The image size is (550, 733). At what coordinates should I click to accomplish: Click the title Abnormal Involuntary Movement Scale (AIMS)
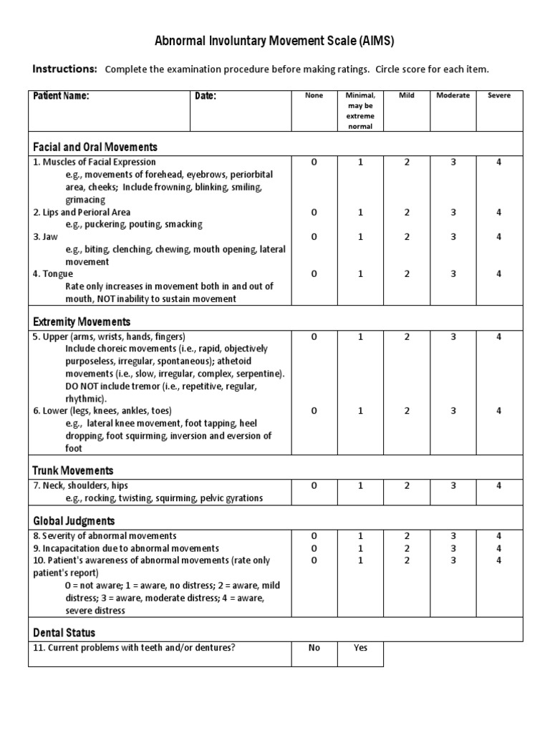[275, 42]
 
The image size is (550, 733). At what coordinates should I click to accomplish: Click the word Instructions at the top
[64, 69]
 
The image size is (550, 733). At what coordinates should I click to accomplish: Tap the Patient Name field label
[61, 96]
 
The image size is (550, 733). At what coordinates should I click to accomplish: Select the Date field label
[206, 96]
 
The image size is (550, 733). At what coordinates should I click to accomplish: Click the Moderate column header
[453, 96]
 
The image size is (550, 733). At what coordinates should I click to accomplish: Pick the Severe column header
[498, 96]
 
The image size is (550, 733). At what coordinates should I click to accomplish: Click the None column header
[314, 96]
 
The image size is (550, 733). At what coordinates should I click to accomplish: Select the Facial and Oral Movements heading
[95, 147]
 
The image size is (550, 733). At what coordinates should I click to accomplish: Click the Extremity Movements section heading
[82, 321]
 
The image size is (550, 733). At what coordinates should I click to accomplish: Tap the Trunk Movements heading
[73, 470]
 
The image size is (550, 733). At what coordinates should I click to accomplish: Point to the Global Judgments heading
[74, 520]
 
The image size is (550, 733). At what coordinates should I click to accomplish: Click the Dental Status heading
[64, 633]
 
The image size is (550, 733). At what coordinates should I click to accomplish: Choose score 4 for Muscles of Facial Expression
[498, 162]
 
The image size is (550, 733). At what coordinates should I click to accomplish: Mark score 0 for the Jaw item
[314, 237]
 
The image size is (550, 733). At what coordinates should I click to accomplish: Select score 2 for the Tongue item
[407, 273]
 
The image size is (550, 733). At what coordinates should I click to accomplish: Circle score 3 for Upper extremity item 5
[453, 336]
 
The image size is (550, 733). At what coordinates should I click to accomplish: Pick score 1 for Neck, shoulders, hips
[360, 485]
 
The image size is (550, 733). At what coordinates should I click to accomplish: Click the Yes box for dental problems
[360, 648]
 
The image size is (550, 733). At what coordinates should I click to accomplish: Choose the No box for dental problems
[314, 648]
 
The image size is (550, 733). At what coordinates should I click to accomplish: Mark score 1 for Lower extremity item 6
[360, 411]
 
